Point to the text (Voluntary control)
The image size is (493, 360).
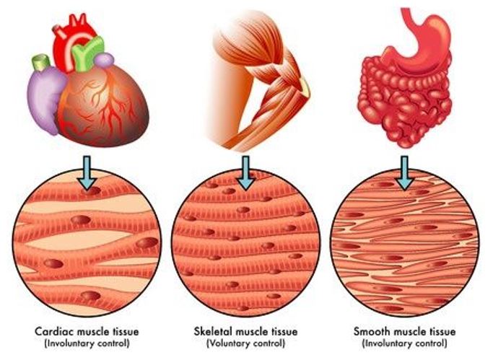245,343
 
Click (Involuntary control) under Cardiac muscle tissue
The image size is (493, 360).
87,343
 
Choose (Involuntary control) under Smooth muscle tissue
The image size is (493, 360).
404,343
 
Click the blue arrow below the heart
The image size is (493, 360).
87,172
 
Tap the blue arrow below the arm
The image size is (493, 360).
245,172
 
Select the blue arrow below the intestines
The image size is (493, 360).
404,172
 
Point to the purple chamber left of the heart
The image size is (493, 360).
45,99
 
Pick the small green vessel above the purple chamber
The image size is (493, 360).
41,62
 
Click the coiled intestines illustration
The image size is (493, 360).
404,100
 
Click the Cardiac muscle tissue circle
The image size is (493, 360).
87,242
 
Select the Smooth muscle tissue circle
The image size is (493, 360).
405,242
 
